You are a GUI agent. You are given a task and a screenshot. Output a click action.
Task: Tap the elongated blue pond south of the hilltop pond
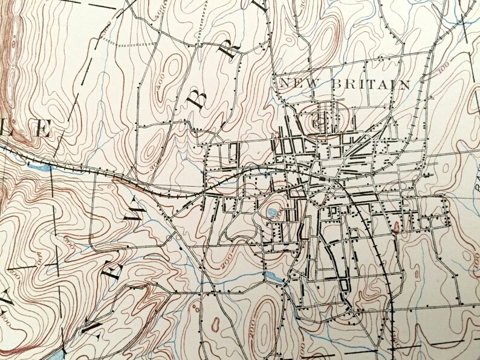point(272,277)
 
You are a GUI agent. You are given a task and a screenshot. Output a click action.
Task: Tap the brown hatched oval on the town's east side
point(397,228)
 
